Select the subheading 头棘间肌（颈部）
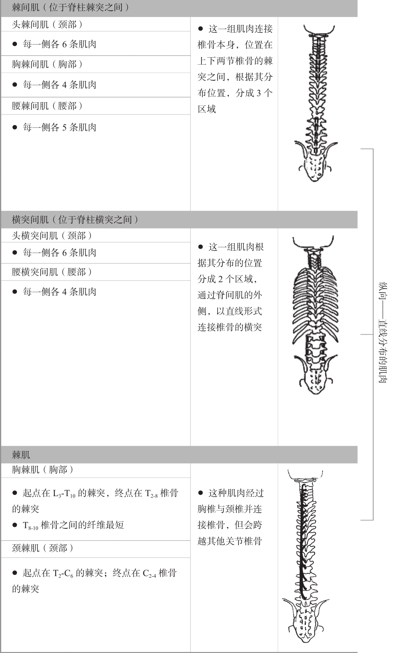[47, 24]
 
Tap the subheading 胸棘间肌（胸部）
[47, 64]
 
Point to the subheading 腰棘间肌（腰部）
[47, 106]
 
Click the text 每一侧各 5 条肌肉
[59, 128]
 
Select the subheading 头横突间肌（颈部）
[52, 236]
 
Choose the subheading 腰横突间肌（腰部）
[52, 272]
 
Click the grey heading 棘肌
[21, 455]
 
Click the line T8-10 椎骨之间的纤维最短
[73, 525]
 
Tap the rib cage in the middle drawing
[315, 300]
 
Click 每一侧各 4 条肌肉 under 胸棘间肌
[59, 85]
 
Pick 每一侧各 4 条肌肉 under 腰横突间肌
[59, 292]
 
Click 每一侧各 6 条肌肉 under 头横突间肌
[59, 253]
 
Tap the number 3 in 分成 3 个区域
[259, 93]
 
